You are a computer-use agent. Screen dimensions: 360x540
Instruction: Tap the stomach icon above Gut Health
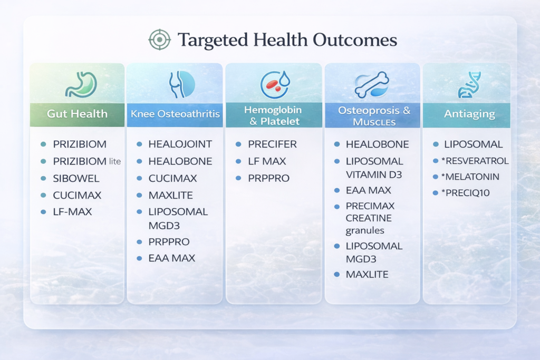[x=77, y=84]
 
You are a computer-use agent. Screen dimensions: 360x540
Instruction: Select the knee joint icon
[x=181, y=84]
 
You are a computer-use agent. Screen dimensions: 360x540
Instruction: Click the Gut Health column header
[x=77, y=113]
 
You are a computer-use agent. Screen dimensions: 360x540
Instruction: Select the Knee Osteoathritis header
[x=175, y=114]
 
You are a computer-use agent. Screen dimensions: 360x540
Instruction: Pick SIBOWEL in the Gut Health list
[x=72, y=178]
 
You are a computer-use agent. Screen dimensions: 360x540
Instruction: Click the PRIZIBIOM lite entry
[x=87, y=161]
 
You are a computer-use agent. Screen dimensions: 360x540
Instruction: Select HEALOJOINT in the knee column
[x=180, y=144]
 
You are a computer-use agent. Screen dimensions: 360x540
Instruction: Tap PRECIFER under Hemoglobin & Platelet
[x=272, y=144]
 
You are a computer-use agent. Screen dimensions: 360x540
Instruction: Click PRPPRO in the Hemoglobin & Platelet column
[x=268, y=178]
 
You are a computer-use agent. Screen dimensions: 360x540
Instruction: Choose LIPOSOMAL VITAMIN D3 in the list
[x=374, y=167]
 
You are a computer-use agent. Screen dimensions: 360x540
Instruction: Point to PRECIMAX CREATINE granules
[x=370, y=218]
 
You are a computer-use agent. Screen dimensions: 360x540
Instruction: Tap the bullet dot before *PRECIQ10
[x=436, y=193]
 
